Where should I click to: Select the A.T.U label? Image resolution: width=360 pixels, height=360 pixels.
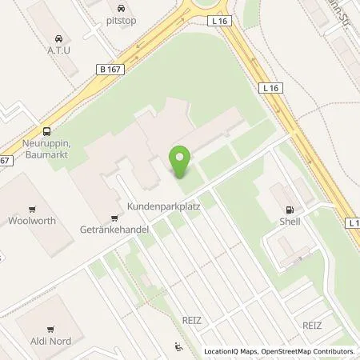[59, 51]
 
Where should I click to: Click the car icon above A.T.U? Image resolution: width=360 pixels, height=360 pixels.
[59, 38]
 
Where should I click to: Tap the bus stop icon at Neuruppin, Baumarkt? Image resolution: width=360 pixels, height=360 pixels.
[47, 131]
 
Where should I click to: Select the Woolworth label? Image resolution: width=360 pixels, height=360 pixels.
[32, 220]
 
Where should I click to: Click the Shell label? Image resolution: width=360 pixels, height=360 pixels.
[290, 222]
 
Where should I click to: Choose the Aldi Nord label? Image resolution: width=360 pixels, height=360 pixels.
[50, 342]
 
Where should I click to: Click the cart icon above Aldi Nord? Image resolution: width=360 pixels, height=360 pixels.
[50, 328]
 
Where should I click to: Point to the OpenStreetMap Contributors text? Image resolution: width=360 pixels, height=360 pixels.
[311, 351]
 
